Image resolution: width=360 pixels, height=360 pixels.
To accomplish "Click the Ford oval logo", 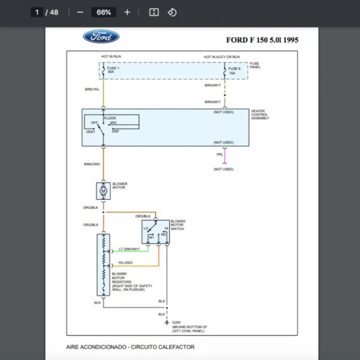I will [101, 37].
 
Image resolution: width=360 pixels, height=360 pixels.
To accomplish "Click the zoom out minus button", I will [80, 12].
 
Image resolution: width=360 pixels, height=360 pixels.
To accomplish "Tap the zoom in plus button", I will [127, 12].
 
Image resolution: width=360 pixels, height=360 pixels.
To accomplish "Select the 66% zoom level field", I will [103, 12].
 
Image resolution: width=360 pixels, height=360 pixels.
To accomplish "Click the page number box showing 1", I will [37, 12].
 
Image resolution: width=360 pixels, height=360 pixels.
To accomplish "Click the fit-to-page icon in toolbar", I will [154, 12].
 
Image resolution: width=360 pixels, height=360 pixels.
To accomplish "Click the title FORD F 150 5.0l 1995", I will [262, 40].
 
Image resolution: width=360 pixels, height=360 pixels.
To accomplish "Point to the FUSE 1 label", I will [113, 68].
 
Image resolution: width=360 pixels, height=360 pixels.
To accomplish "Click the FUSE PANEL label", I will [254, 65].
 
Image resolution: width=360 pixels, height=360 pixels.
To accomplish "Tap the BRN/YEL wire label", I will [92, 89].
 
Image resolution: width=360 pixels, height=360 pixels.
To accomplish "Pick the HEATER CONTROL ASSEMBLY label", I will [260, 115].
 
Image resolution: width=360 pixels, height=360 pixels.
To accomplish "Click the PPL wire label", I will [220, 155].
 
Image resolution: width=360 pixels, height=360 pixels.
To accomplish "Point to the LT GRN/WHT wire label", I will [129, 249].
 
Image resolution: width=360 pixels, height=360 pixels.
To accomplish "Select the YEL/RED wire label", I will [125, 263].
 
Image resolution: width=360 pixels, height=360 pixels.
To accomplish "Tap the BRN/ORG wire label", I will [92, 164].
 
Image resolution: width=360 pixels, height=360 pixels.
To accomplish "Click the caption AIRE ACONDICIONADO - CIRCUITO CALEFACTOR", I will [130, 347].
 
